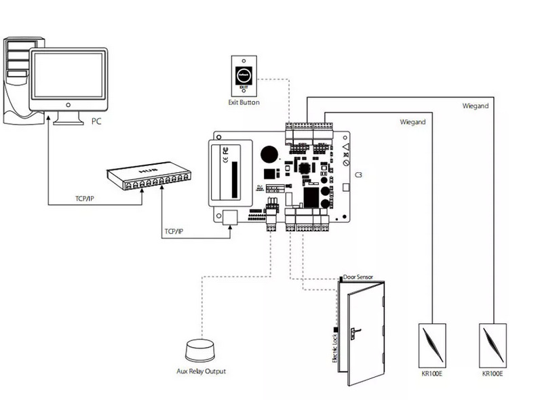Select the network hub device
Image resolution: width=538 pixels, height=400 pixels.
(x=147, y=178)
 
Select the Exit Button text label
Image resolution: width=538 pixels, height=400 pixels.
(x=244, y=102)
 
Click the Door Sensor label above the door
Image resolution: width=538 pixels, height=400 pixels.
(x=358, y=278)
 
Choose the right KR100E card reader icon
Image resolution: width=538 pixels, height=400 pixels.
(x=493, y=342)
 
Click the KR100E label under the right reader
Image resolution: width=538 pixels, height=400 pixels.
(x=493, y=372)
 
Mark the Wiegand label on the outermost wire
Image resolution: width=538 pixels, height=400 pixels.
(x=475, y=106)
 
